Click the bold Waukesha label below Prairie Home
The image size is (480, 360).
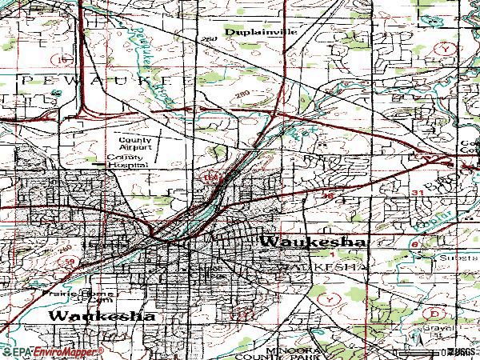[102, 316]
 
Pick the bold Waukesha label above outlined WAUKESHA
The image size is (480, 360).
[313, 242]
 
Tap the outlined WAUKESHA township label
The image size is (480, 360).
[323, 265]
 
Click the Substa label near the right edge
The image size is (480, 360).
[455, 258]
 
